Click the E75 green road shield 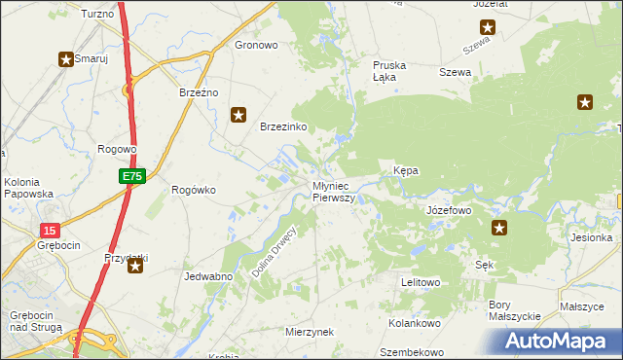[x=133, y=176]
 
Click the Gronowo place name [x=257, y=45]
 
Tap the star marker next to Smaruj [x=66, y=59]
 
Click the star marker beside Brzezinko [x=238, y=115]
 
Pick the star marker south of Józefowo [x=499, y=228]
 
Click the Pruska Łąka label [x=389, y=71]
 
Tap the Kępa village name [x=405, y=170]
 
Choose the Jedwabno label [x=207, y=276]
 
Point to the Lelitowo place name [x=421, y=282]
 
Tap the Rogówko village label [x=193, y=190]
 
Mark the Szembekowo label [x=412, y=352]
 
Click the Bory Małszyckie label [x=513, y=310]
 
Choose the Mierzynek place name [x=310, y=332]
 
